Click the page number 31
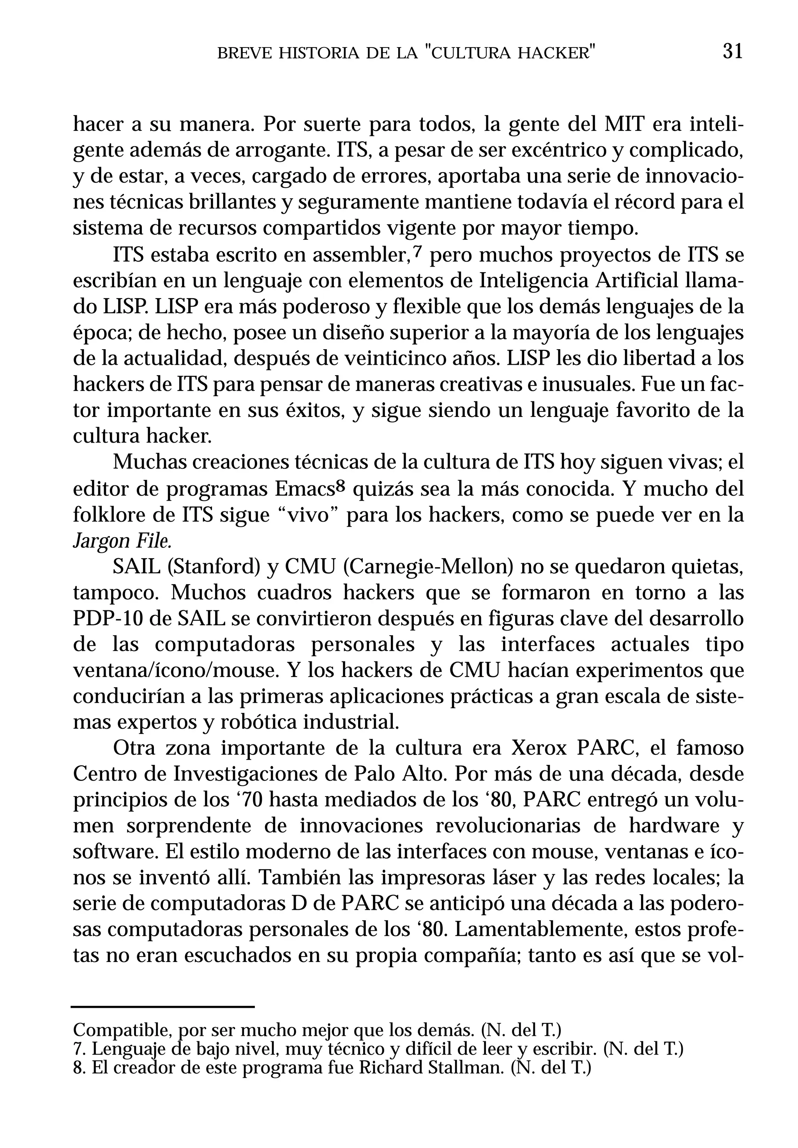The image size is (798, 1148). tap(733, 51)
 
